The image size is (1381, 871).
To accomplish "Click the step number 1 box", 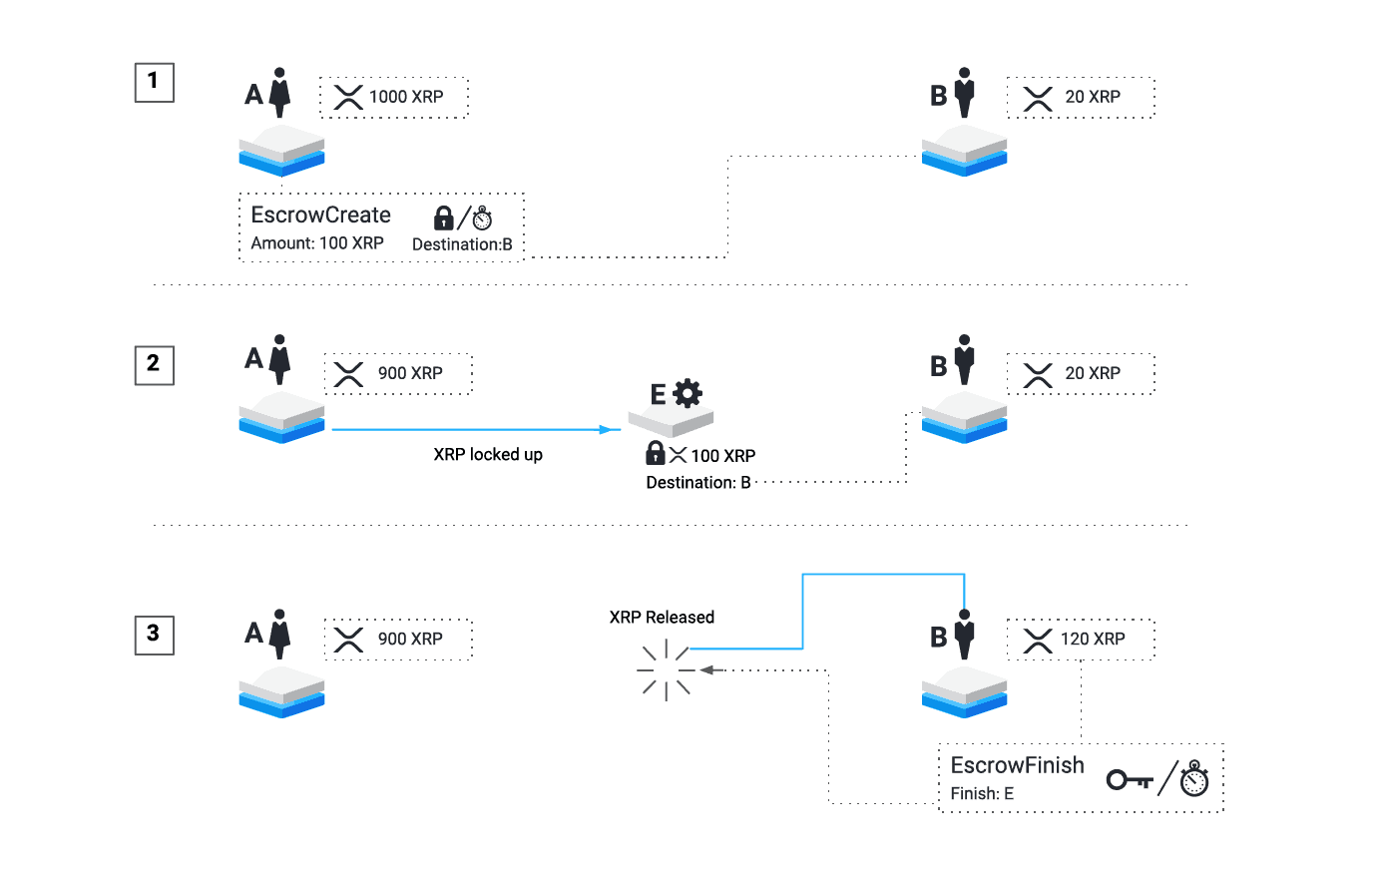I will pos(154,82).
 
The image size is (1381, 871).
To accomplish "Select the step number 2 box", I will pos(154,364).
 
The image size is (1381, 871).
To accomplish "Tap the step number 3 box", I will pos(154,634).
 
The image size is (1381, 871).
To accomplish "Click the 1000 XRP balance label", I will pos(405,97).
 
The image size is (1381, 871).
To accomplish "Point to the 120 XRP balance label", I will pos(1092,640).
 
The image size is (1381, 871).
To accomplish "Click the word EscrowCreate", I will pos(320,216).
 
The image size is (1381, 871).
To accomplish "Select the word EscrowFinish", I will pos(1017,765).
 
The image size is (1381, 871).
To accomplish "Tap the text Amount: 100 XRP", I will pos(317,243).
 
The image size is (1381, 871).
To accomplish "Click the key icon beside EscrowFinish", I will pos(1130,779).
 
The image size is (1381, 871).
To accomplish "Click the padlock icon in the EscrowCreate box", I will pos(444,218).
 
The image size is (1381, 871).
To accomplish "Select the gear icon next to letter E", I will pos(688,393).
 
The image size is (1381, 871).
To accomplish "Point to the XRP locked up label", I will pos(488,455).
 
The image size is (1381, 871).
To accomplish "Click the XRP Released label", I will pos(662,618).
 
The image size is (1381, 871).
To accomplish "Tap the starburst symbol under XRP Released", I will pos(666,669).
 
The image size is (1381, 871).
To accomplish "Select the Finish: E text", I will pos(982,794).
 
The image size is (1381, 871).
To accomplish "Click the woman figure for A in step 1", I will pos(280,93).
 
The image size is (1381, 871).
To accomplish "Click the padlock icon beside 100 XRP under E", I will pos(656,453).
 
